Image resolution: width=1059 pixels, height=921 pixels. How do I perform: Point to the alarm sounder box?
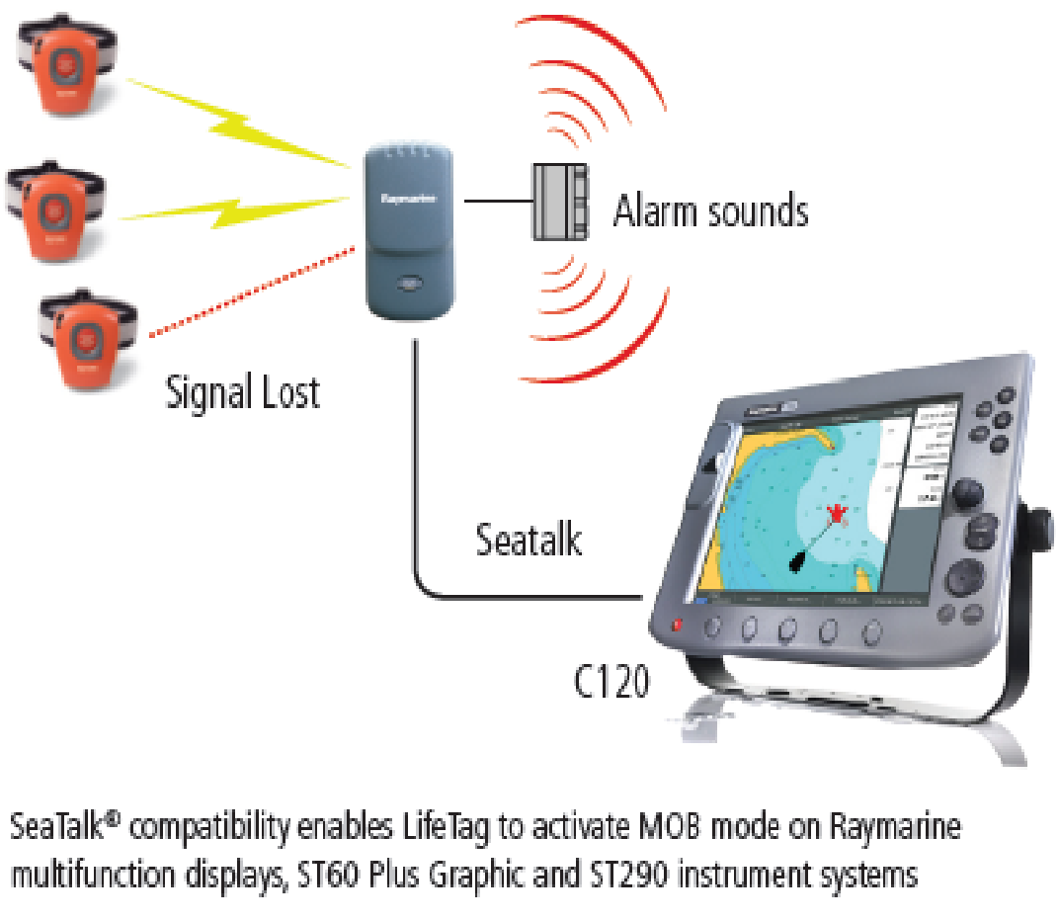558,201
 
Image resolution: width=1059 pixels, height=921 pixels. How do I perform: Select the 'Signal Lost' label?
242,392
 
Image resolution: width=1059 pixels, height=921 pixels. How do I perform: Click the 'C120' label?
612,681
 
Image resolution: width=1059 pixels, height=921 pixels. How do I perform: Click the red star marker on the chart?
838,512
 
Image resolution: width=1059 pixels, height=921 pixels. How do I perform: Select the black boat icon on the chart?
799,562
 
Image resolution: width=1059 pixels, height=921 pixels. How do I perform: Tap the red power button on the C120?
677,625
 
